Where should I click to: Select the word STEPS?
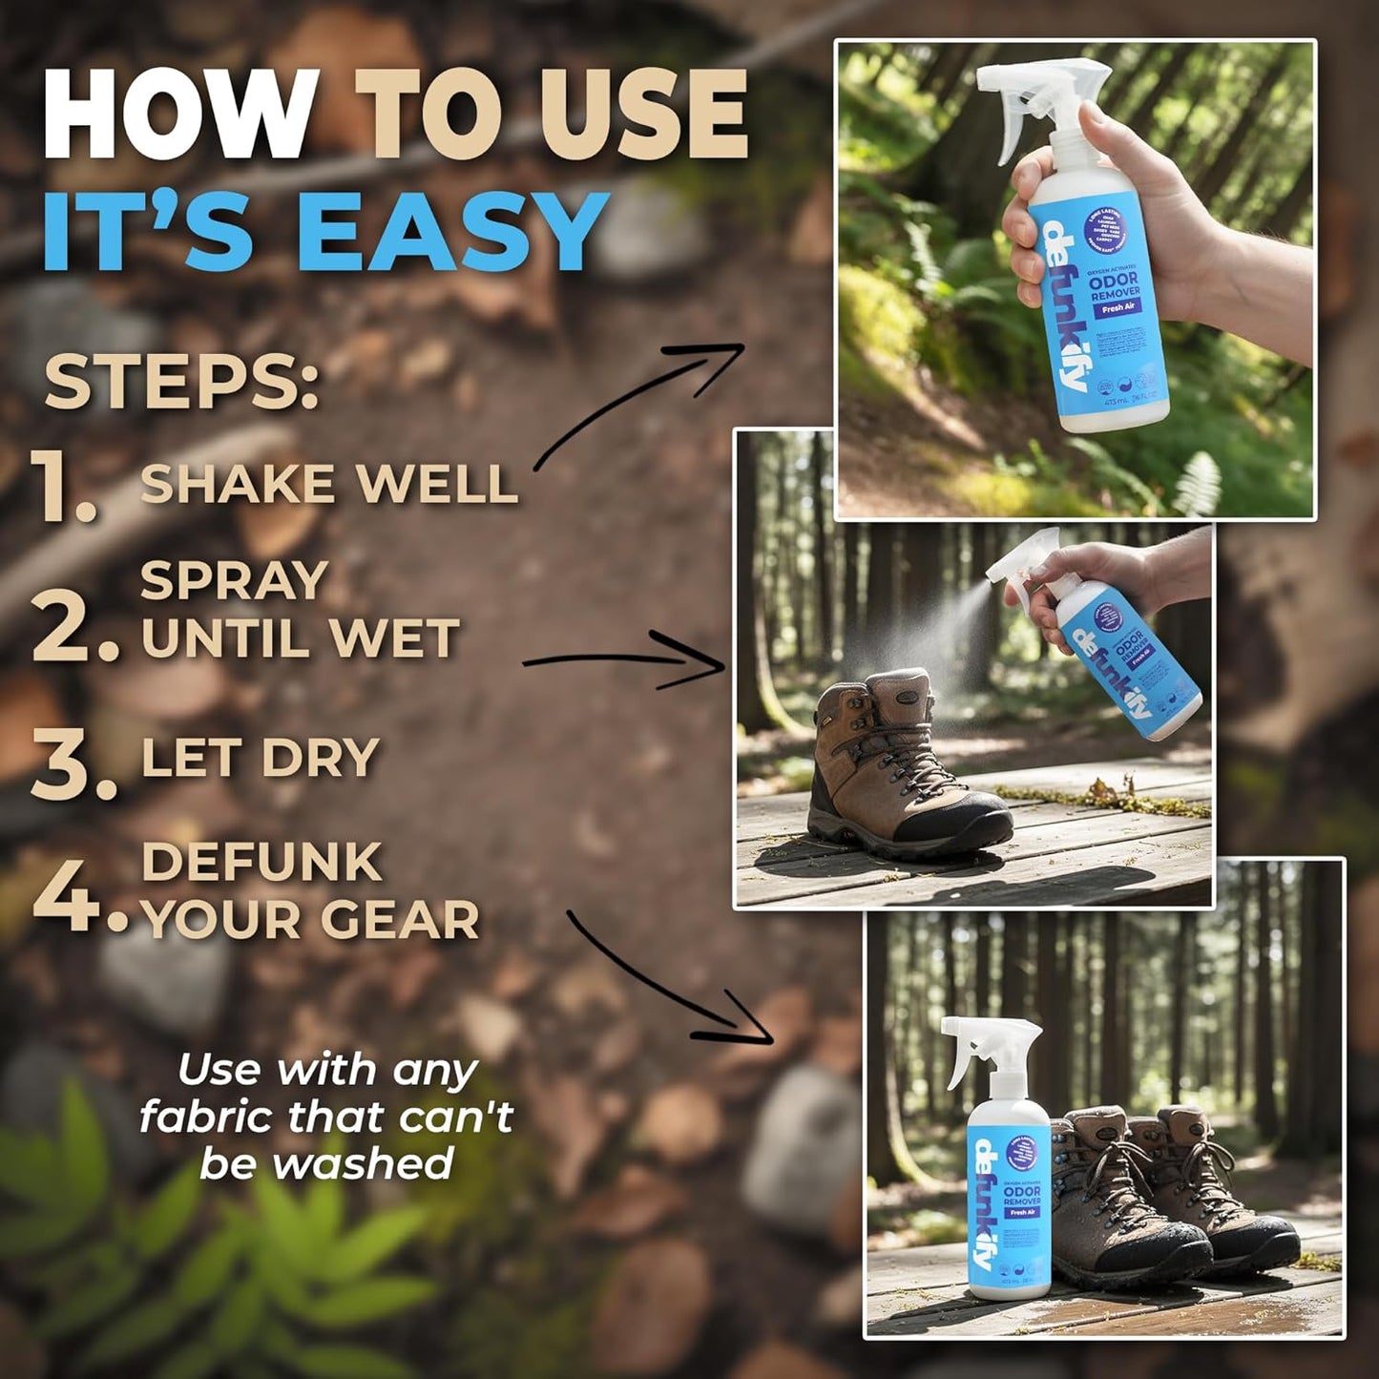coord(181,382)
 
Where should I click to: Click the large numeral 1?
coord(62,487)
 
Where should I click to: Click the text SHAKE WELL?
coord(328,484)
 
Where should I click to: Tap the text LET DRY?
coord(260,759)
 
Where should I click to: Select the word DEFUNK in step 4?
coord(261,863)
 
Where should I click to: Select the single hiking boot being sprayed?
coord(897,763)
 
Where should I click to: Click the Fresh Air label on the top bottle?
coord(1112,309)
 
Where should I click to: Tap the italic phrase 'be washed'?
coord(326,1163)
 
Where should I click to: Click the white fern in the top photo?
coord(1199,482)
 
